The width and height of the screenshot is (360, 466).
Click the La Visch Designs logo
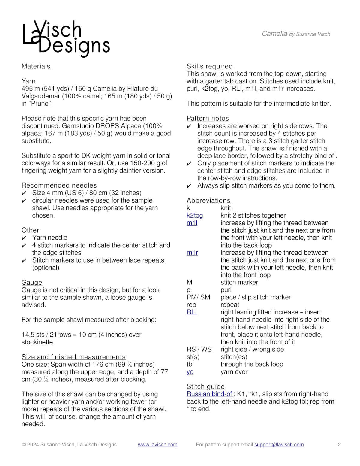pyautogui.click(x=66, y=38)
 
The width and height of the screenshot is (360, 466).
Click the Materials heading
pyautogui.click(x=36, y=66)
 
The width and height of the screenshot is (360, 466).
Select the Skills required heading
pyautogui.click(x=209, y=66)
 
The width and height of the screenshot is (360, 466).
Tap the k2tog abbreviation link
pyautogui.click(x=195, y=215)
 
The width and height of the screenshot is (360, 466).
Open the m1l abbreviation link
pyautogui.click(x=192, y=223)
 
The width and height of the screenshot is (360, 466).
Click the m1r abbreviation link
pyautogui.click(x=192, y=253)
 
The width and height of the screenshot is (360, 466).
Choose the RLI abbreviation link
pyautogui.click(x=192, y=312)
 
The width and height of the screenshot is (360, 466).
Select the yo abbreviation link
pyautogui.click(x=190, y=372)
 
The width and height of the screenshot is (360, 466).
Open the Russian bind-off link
pyautogui.click(x=209, y=394)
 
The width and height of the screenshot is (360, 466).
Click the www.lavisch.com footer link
pyautogui.click(x=157, y=445)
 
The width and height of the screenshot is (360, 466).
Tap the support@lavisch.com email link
pyautogui.click(x=279, y=445)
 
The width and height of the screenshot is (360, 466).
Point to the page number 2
pyautogui.click(x=339, y=445)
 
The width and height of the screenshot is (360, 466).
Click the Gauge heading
pyautogui.click(x=32, y=282)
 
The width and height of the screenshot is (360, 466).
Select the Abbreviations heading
pyautogui.click(x=208, y=200)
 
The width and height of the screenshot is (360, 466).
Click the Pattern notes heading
pyautogui.click(x=208, y=118)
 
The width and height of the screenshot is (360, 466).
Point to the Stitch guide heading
pyautogui.click(x=205, y=386)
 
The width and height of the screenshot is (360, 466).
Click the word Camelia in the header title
pyautogui.click(x=274, y=34)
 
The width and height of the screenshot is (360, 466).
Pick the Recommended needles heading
pyautogui.click(x=59, y=185)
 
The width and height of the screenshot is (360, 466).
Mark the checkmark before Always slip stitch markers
pyautogui.click(x=189, y=186)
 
